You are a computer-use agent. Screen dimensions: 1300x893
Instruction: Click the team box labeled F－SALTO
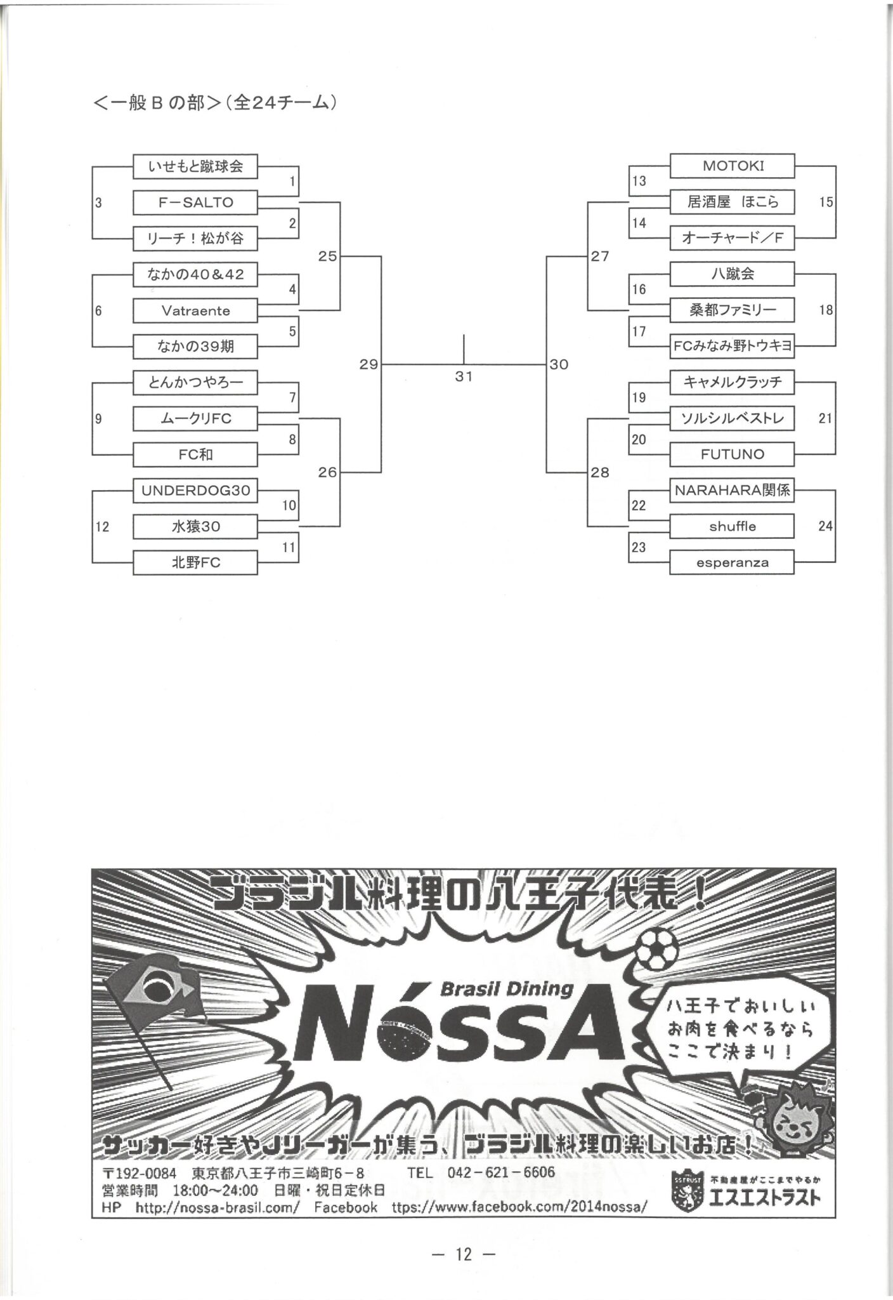point(195,202)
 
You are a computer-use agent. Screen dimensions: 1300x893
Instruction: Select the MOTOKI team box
point(732,166)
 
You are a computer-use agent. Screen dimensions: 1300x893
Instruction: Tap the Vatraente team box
point(195,310)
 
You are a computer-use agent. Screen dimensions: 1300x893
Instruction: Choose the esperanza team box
point(732,562)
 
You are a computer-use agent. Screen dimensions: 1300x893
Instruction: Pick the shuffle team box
point(732,526)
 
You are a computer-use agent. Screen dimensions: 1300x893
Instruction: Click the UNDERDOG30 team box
point(195,490)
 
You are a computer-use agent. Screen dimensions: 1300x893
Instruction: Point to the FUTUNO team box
point(732,454)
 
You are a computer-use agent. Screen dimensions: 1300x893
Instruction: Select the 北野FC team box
point(195,562)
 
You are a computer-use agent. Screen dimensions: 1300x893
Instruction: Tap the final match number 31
point(464,376)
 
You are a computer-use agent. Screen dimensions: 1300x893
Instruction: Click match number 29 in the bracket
point(368,364)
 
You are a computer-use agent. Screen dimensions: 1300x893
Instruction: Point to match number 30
point(559,364)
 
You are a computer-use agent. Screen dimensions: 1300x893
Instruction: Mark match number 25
point(327,256)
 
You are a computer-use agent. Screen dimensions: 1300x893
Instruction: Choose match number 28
point(599,472)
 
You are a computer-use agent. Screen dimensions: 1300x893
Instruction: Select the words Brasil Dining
point(506,989)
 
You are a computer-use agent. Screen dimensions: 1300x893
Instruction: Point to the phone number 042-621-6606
point(500,1172)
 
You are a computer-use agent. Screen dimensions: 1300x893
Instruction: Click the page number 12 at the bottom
point(464,1254)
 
